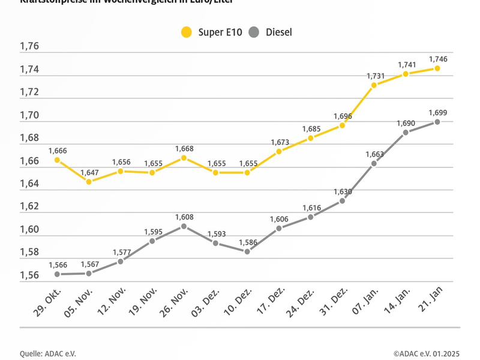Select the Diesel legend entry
[x=271, y=32]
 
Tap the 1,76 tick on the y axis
[x=29, y=47]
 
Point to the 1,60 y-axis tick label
[x=29, y=229]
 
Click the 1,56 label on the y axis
[x=29, y=275]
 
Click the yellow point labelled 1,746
[x=437, y=68]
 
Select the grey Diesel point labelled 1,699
[x=437, y=122]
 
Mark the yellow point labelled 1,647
[x=89, y=181]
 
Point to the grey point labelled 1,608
[x=184, y=226]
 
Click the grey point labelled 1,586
[x=247, y=251]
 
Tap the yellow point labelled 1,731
[x=374, y=85]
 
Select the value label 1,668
[x=185, y=148]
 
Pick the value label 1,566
[x=58, y=265]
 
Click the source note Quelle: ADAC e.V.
[x=48, y=353]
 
